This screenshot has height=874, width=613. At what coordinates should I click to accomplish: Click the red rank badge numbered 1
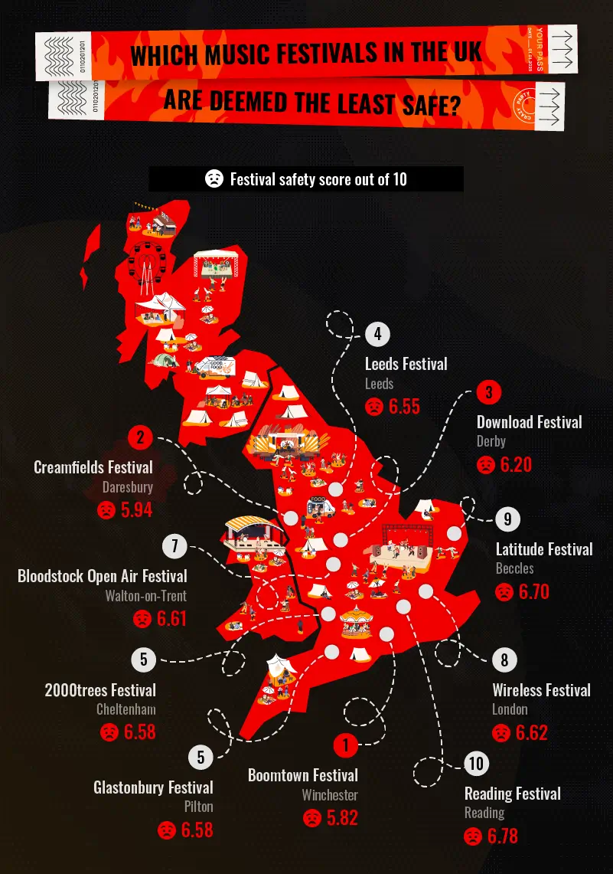coord(345,745)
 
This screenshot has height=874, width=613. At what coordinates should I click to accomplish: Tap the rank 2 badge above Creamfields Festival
coord(140,438)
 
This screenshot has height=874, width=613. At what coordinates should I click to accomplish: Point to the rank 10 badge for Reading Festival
coord(476,764)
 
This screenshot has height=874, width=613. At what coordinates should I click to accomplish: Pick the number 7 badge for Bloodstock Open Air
coord(175,546)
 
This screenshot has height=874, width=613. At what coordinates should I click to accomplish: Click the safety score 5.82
coord(342,817)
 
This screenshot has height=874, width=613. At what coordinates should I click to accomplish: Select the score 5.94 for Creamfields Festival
coord(136,509)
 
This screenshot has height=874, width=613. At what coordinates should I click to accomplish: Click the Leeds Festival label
coord(406,364)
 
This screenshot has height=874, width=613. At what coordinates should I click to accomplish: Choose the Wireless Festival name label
coord(541,690)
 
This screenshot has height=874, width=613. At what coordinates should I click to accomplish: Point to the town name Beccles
coord(514,568)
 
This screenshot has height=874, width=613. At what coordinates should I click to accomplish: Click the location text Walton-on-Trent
coord(145,596)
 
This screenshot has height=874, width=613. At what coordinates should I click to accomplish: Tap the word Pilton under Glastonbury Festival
coord(198,807)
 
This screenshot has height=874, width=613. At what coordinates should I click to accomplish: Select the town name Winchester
coord(329,795)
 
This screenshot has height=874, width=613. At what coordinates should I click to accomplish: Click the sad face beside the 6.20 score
coord(486,464)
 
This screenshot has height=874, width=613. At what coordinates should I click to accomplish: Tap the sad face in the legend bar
coord(214,179)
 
